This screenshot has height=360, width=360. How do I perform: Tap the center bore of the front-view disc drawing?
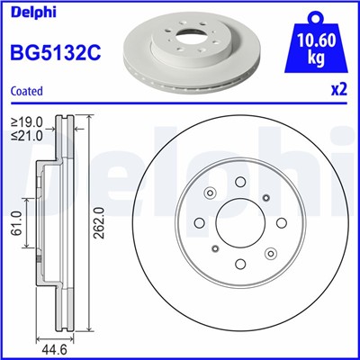tap(240, 223)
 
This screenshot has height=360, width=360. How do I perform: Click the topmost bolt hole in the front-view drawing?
tap(240, 182)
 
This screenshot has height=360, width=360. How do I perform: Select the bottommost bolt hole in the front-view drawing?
tap(240, 265)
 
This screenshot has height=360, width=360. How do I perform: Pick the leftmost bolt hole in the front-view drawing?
tap(199, 223)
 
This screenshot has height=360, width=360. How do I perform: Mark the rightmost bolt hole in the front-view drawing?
tap(282, 223)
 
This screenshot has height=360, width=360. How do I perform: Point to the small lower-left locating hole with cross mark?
tap(215, 249)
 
